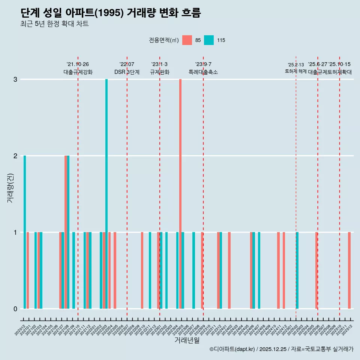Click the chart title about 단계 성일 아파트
point(111,13)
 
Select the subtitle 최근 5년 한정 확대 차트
point(54,24)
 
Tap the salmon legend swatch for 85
point(187,40)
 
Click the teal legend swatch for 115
point(209,40)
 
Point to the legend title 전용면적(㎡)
point(163,40)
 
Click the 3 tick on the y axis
point(15,79)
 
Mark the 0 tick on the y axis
point(15,309)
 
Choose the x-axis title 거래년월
point(187,340)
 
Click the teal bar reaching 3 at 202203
point(106,194)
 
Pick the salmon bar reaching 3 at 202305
point(180,194)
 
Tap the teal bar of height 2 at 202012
point(25,232)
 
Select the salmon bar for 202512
point(349,270)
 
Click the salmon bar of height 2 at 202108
point(66,232)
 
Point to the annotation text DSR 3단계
point(127,72)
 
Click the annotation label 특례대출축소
point(203,72)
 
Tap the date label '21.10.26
point(78,64)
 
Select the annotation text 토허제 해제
point(296,71)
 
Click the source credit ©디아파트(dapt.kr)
point(232,349)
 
